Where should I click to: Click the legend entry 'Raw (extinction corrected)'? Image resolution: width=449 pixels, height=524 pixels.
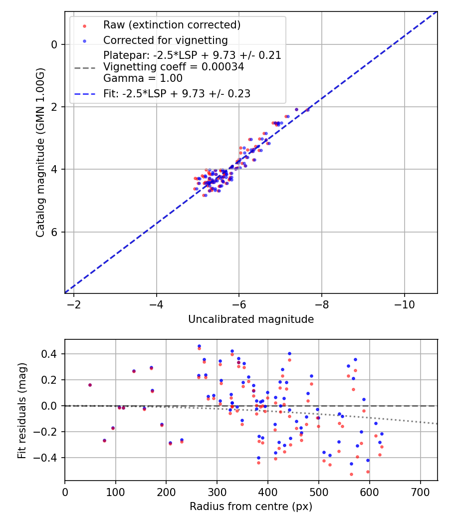(x=172, y=25)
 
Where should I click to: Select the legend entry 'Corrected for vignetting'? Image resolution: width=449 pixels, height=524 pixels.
(x=165, y=40)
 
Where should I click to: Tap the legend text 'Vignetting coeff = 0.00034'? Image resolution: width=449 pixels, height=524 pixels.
(x=174, y=67)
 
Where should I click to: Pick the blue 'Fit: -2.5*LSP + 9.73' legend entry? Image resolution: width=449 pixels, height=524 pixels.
(x=177, y=93)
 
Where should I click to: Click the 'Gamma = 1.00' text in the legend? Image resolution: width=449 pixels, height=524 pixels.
(x=143, y=78)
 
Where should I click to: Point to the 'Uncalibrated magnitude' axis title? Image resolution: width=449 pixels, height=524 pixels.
(x=251, y=319)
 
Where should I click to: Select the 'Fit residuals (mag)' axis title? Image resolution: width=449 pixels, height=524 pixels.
(x=22, y=410)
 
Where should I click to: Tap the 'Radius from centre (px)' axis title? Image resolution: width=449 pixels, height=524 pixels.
(x=251, y=507)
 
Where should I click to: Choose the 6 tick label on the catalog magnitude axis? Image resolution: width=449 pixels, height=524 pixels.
(x=54, y=232)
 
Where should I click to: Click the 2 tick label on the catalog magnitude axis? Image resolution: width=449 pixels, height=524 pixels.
(x=54, y=107)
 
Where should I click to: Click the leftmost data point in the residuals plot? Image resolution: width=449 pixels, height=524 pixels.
(x=90, y=385)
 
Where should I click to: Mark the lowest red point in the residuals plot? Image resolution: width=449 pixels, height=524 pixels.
(x=351, y=474)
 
